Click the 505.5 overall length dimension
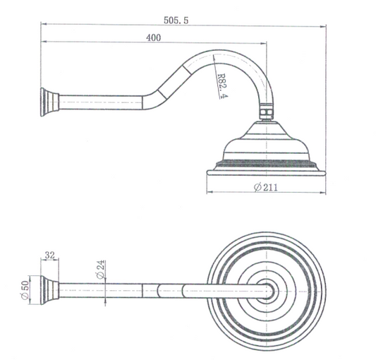(176, 20)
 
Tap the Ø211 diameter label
(265, 187)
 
